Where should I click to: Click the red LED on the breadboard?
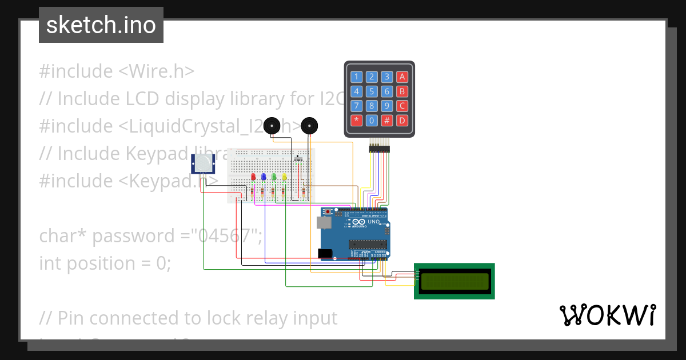tap(253, 177)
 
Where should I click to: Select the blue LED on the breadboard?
tap(264, 177)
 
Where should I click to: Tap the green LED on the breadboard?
tap(274, 177)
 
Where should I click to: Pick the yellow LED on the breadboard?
tap(285, 177)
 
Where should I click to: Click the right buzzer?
tap(309, 126)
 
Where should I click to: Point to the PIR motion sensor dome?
tap(204, 165)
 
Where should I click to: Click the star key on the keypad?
tap(357, 121)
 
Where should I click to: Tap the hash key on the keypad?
tap(387, 121)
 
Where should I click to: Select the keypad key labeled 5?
tap(372, 91)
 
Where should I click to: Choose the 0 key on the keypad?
tap(372, 121)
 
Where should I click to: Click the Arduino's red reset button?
tap(327, 211)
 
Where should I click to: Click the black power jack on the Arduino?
tap(324, 253)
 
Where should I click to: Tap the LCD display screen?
tap(454, 281)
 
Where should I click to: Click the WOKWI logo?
tap(607, 315)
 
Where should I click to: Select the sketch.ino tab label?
tap(101, 25)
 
